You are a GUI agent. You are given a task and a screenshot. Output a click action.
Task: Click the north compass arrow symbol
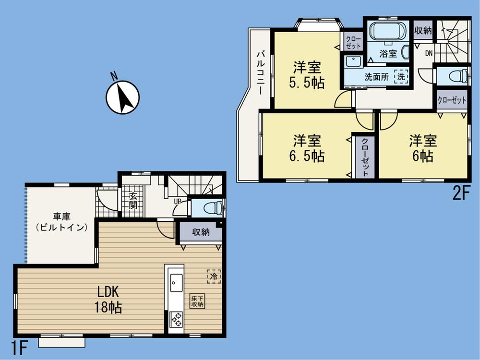click(x=122, y=97)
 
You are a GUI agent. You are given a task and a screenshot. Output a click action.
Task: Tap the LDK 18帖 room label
click(x=111, y=299)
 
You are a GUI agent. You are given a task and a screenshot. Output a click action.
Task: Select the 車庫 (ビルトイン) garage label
click(x=61, y=222)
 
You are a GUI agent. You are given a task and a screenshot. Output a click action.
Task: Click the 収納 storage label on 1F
click(x=201, y=233)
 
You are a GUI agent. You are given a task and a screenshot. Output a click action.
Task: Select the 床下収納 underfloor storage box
click(x=197, y=301)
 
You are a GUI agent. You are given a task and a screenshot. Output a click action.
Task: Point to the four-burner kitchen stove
click(x=176, y=319)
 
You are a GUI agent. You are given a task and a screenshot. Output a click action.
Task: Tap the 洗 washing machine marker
click(x=401, y=76)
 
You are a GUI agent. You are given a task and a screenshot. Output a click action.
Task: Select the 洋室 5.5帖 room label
click(x=307, y=75)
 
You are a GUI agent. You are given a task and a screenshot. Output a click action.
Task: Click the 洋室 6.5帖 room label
click(x=307, y=148)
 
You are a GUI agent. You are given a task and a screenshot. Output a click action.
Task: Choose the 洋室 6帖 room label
click(x=422, y=148)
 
